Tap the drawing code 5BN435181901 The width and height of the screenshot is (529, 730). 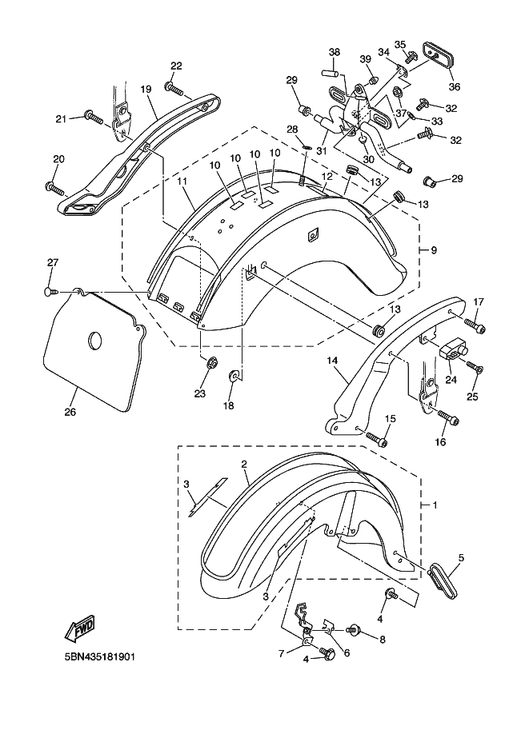point(95,658)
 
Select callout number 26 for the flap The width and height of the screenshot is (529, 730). point(70,413)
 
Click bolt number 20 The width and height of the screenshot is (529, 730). point(54,189)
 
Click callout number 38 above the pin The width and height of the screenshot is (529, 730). point(334,52)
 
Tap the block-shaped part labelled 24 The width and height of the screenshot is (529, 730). point(450,345)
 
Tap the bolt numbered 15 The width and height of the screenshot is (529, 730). point(377,437)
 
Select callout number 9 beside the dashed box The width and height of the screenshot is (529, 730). point(433,250)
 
